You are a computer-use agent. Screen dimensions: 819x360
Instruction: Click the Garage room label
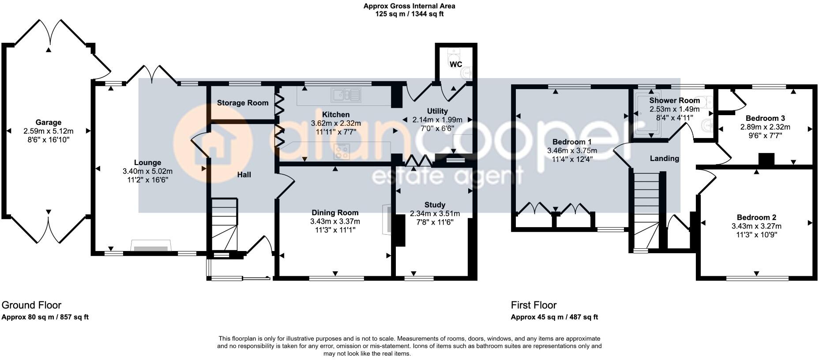49,122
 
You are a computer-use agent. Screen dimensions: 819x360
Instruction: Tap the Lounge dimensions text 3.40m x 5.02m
147,171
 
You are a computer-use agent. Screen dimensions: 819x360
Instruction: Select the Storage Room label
243,103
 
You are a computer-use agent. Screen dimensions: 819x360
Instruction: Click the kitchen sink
347,94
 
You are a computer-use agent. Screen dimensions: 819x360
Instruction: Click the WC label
456,64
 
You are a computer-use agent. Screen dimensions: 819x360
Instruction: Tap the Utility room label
437,111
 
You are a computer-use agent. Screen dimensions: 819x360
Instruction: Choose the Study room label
435,205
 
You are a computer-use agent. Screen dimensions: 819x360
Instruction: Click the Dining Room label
335,213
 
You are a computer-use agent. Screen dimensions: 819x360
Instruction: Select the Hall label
244,175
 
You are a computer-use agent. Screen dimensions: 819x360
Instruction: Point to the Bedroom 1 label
572,142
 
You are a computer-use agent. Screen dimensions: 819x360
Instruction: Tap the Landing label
664,158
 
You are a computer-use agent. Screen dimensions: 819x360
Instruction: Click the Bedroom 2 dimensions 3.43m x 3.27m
756,226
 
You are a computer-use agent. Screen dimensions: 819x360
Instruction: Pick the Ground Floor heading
31,305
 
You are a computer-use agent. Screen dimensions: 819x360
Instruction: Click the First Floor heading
534,305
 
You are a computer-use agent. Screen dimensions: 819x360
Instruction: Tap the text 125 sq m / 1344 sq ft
409,14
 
